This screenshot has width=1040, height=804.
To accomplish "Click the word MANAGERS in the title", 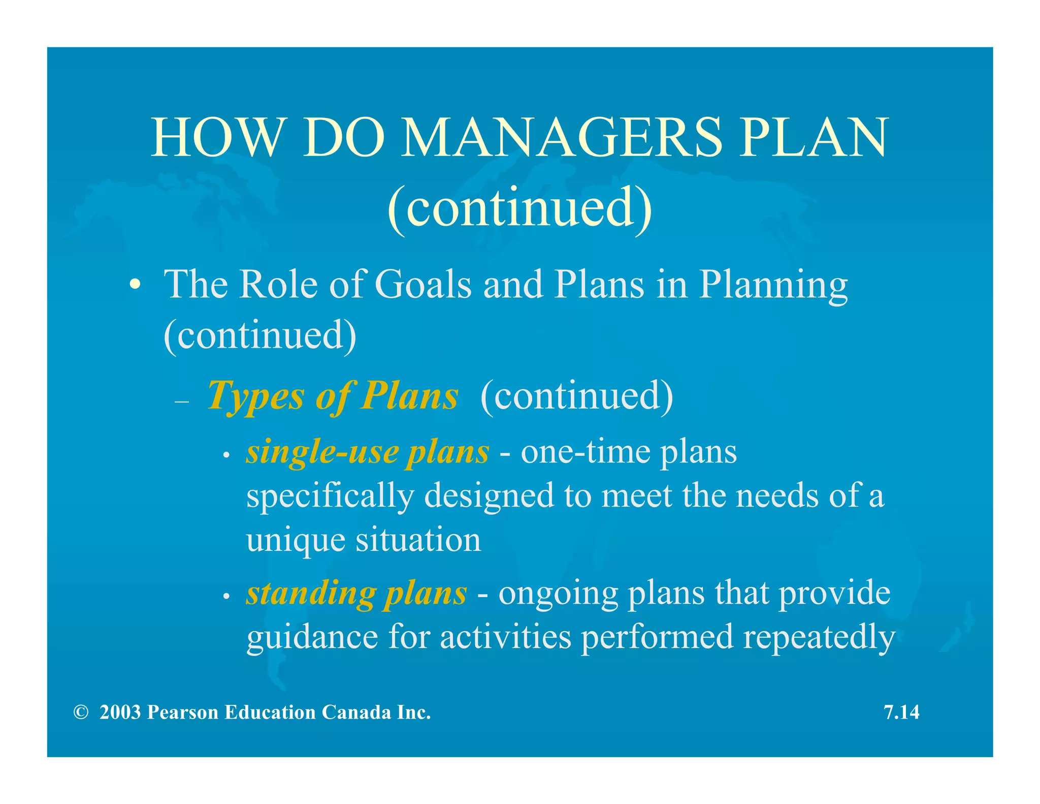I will point(561,137).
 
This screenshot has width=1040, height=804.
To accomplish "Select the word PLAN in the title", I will point(814,137).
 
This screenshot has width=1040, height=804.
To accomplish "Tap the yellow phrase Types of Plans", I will point(333,396).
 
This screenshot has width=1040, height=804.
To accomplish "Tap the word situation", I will point(418,540).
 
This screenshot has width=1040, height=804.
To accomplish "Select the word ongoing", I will point(558,594).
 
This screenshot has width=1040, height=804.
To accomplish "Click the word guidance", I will point(312,637).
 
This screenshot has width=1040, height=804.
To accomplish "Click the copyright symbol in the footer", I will point(80,712).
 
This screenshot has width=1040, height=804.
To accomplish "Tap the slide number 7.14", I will point(901,712).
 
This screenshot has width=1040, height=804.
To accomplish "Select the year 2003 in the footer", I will point(120,712).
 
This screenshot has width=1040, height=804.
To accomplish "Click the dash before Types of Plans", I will point(181,401).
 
